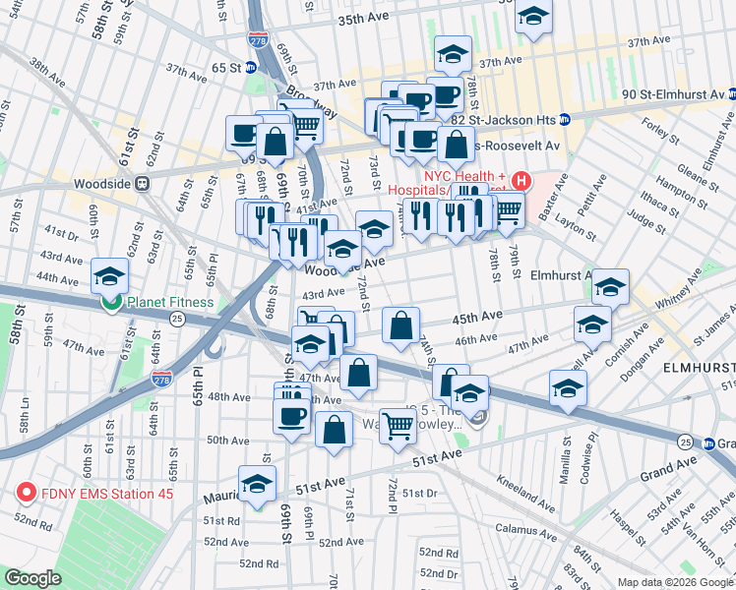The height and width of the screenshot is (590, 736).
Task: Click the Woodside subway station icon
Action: pos(143,182)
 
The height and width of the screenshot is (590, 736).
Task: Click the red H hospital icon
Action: pos(521,182)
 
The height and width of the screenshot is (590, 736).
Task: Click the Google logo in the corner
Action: pos(32,578)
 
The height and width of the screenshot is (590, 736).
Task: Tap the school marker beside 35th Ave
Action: pos(533,19)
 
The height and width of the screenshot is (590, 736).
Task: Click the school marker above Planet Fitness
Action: pos(110,275)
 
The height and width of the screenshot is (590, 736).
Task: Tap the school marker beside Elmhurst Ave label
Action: pos(610,286)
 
